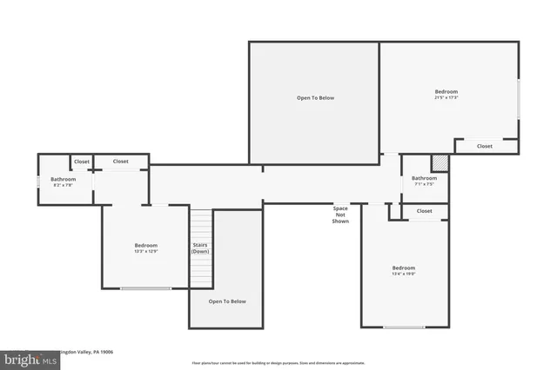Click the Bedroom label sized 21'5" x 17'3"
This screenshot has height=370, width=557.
pyautogui.click(x=446, y=91)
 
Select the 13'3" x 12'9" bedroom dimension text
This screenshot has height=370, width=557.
pyautogui.click(x=145, y=251)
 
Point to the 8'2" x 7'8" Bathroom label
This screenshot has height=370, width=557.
pyautogui.click(x=63, y=184)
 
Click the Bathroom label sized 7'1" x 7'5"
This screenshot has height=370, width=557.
pyautogui.click(x=423, y=183)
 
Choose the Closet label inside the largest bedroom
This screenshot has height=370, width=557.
pyautogui.click(x=485, y=146)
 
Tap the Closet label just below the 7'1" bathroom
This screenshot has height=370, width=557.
pyautogui.click(x=424, y=211)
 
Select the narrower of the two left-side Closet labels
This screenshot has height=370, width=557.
pyautogui.click(x=81, y=162)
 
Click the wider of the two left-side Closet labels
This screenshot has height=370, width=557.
pyautogui.click(x=120, y=162)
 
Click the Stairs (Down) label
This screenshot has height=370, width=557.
pyautogui.click(x=201, y=248)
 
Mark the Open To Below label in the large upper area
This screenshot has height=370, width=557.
pyautogui.click(x=315, y=98)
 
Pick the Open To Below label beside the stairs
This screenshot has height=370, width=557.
pyautogui.click(x=227, y=301)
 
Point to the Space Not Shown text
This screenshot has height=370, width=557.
pyautogui.click(x=340, y=215)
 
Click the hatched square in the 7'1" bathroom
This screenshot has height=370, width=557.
pyautogui.click(x=441, y=162)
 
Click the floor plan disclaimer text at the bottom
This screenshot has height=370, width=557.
pyautogui.click(x=278, y=363)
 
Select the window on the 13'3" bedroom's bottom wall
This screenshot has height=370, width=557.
pyautogui.click(x=145, y=288)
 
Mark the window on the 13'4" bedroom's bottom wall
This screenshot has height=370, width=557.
pyautogui.click(x=404, y=327)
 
